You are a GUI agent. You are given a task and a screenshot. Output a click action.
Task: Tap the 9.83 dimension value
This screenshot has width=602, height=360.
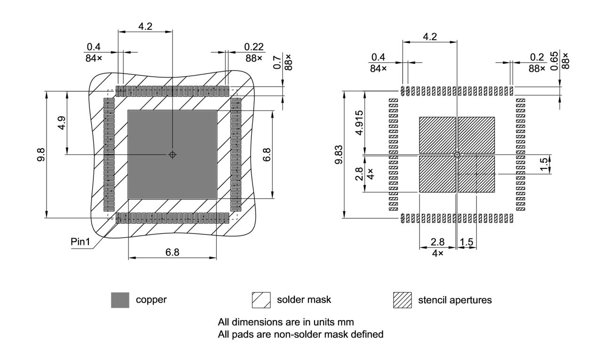click(x=338, y=154)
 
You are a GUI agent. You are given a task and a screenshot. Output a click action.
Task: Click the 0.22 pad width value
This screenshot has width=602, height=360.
click(x=254, y=47)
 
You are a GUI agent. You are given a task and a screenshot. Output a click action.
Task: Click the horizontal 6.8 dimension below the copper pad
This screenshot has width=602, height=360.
click(x=172, y=253)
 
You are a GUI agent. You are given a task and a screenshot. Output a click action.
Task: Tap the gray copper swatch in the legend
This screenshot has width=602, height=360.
click(x=120, y=300)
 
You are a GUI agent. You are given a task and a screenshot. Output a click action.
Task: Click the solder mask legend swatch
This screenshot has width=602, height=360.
click(x=261, y=300)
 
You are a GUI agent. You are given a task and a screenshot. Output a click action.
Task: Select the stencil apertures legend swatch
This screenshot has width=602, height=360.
click(x=402, y=300)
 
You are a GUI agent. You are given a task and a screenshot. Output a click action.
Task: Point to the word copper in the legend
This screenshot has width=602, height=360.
click(x=151, y=300)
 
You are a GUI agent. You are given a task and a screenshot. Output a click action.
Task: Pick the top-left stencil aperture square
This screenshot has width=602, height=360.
click(x=437, y=135)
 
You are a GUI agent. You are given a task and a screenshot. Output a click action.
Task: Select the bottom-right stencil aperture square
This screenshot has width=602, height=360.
click(x=476, y=174)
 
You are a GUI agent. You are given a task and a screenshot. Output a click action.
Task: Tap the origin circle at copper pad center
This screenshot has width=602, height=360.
click(x=173, y=154)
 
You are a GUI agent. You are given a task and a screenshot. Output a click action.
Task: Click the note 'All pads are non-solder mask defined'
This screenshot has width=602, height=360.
click(x=301, y=335)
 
